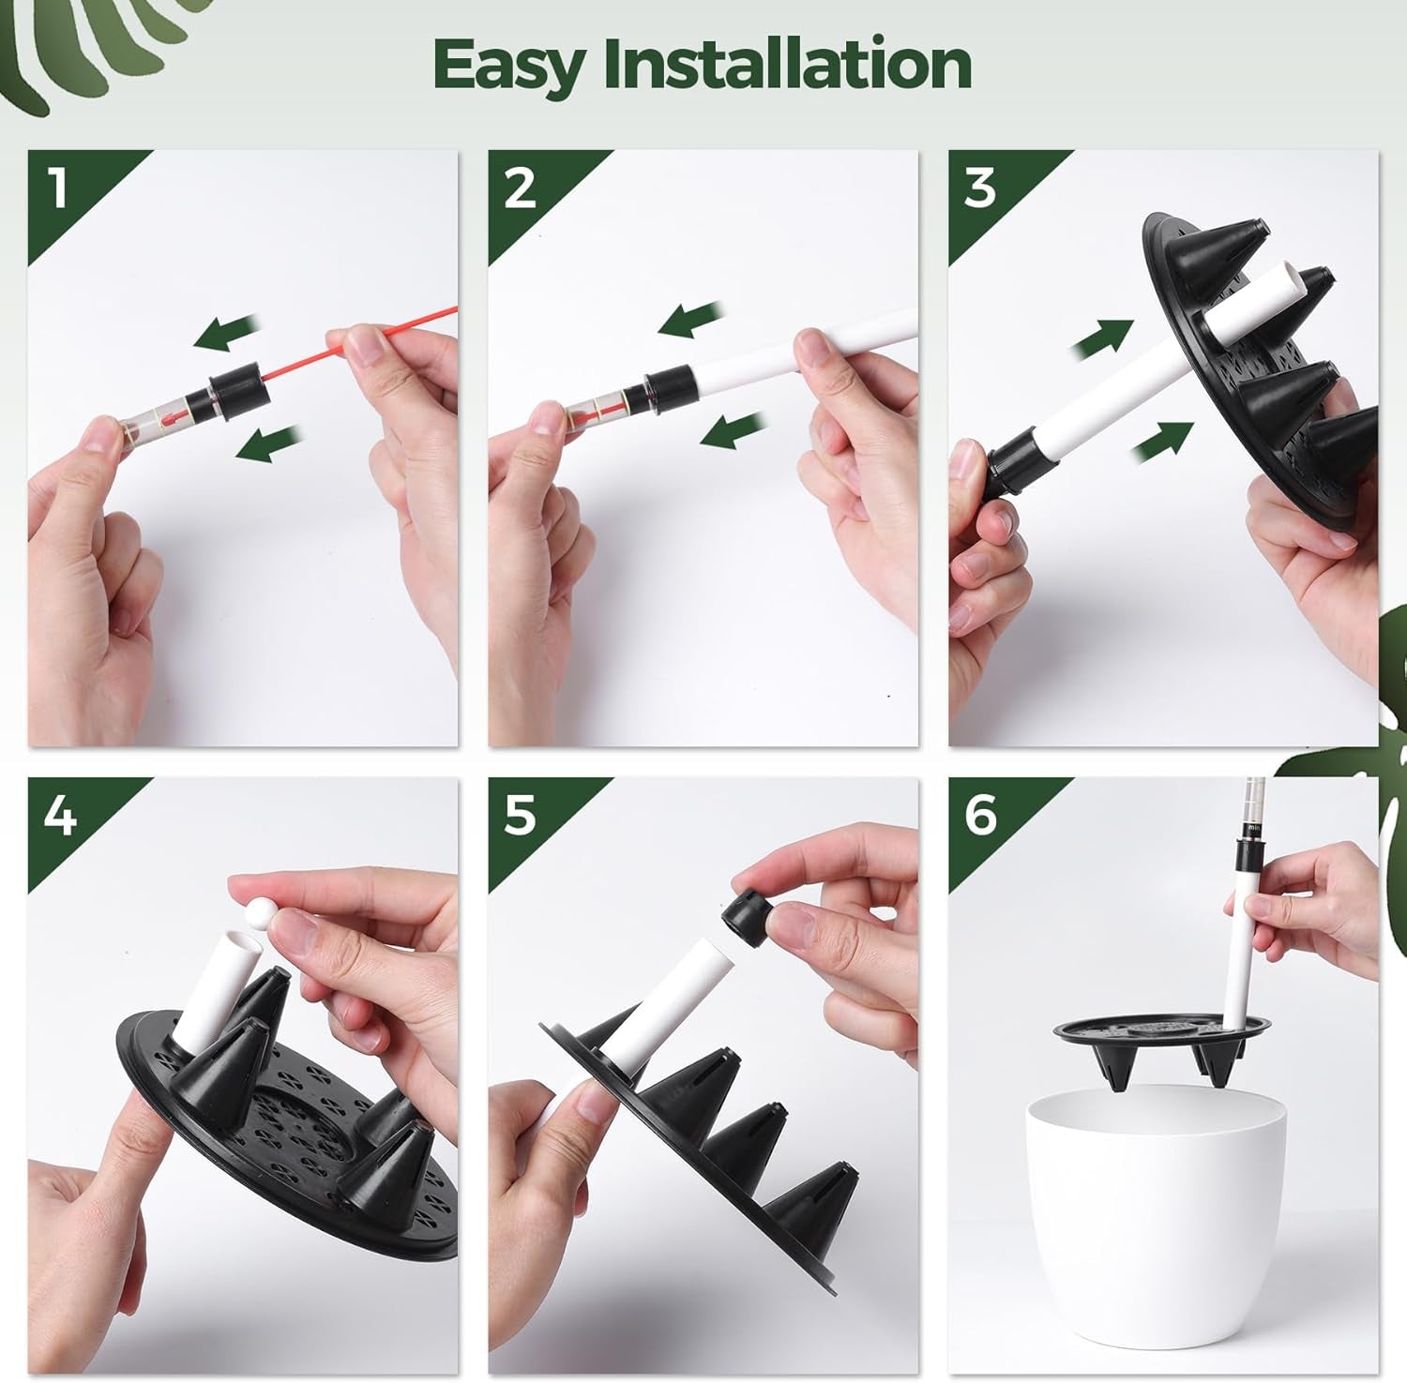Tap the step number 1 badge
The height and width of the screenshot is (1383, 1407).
[x=58, y=188]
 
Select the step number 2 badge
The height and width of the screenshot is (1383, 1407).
[x=519, y=188]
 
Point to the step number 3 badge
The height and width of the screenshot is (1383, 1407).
[x=979, y=188]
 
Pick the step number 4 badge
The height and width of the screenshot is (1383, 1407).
[x=58, y=816]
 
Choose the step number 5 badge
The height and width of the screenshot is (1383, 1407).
[x=519, y=816]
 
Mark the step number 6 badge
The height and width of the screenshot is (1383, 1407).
[x=979, y=816]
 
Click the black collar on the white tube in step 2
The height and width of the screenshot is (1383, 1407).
[x=667, y=386]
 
